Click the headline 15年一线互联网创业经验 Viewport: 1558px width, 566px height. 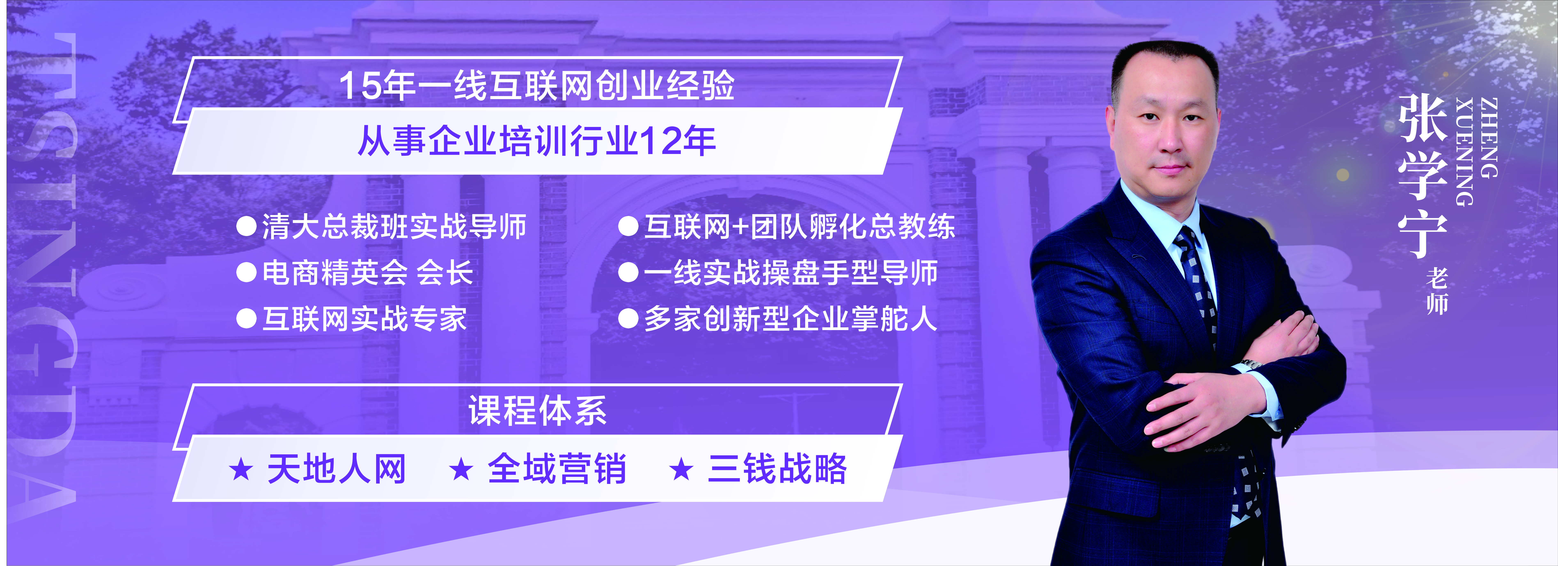(536, 85)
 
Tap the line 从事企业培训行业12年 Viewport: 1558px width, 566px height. (536, 141)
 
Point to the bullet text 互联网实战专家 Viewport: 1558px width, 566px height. (364, 319)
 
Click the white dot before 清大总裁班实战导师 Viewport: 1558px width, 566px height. (246, 227)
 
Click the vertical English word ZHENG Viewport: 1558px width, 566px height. (1488, 138)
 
